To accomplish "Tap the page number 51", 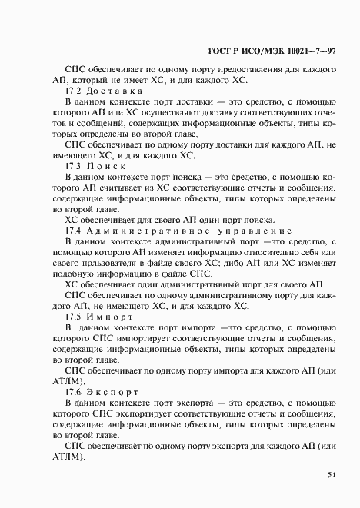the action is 332,475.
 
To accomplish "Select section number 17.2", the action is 74,91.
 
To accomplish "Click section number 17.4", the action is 74,230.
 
